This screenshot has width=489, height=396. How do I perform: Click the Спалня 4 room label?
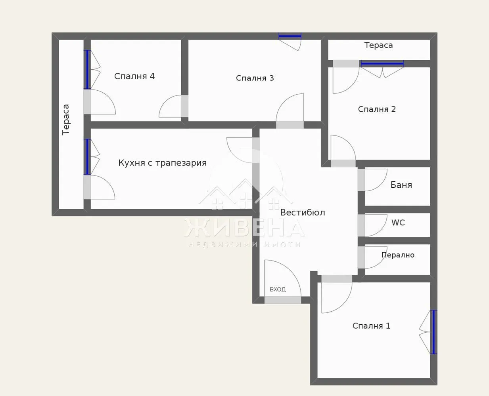coord(134,76)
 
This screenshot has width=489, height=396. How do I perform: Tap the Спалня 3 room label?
coord(255,78)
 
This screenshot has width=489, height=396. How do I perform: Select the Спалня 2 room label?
coord(377,109)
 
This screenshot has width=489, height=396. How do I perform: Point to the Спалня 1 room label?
coord(371,326)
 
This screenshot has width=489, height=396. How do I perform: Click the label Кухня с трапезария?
coord(163,163)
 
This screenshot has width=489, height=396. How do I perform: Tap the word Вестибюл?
coord(303,213)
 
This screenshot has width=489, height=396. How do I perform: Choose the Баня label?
coord(401,185)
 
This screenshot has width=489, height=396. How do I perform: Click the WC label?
coord(398,223)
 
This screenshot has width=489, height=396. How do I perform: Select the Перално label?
coord(398,255)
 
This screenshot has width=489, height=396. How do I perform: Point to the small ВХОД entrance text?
coord(278,289)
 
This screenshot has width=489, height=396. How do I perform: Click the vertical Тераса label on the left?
coord(66,120)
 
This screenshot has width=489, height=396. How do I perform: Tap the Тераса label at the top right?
coord(378,45)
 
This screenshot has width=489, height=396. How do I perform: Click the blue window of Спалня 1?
coord(434,332)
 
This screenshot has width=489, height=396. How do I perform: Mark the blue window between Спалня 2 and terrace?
coord(382,63)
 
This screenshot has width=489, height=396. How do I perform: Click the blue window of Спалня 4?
coord(87,70)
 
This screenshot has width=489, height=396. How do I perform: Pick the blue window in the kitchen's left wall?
coord(87,157)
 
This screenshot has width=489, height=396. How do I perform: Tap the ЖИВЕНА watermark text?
coord(244,228)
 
